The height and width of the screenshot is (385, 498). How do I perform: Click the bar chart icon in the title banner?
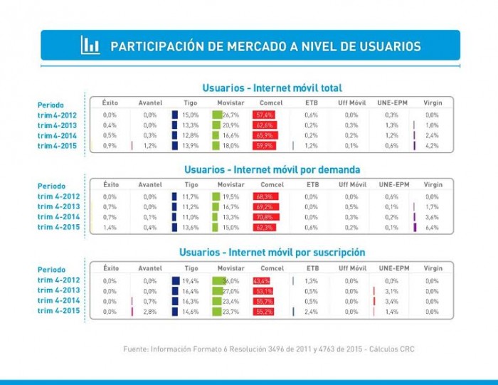tap(90, 46)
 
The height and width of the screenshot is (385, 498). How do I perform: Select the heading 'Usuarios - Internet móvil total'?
tap(272, 88)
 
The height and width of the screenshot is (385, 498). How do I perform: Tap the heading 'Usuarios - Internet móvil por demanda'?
tap(272, 170)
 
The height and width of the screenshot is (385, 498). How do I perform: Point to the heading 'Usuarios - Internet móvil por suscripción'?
tap(272, 253)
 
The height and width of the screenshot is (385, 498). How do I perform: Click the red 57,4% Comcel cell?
tap(265, 115)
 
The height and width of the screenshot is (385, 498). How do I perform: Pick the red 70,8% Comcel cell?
tap(265, 217)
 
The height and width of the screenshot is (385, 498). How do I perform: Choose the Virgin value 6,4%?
tap(432, 228)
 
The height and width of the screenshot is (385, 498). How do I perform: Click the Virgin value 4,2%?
tap(432, 146)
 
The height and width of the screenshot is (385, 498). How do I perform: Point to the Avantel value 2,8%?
tap(149, 312)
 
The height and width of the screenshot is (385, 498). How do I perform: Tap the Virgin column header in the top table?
tap(432, 103)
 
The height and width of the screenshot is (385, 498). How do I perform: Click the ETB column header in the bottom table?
tap(312, 268)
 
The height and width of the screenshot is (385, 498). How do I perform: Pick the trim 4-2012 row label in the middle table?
tap(62, 196)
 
